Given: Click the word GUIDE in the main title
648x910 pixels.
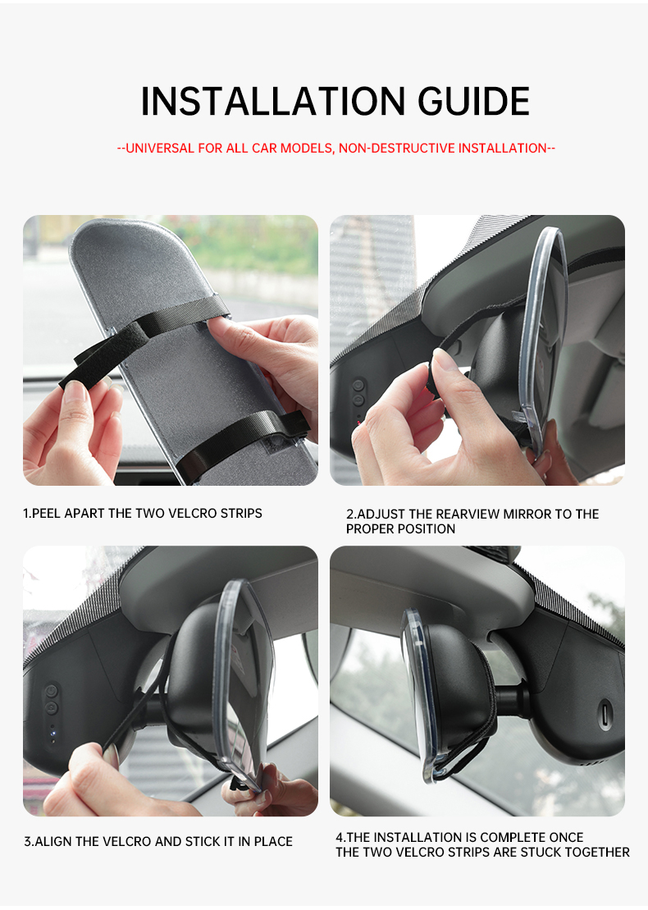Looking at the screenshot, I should point(473,102).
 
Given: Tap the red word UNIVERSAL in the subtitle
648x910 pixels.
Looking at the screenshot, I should point(161,149).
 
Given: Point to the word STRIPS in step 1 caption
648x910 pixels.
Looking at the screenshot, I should point(241,514).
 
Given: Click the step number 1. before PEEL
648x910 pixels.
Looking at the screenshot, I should point(27,514).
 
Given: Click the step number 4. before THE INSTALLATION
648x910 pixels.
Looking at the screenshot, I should point(340,838).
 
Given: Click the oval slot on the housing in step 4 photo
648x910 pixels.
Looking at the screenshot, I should point(605,713).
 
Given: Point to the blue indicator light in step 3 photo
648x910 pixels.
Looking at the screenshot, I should point(52,732).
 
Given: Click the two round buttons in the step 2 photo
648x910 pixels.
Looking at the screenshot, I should point(358,392).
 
